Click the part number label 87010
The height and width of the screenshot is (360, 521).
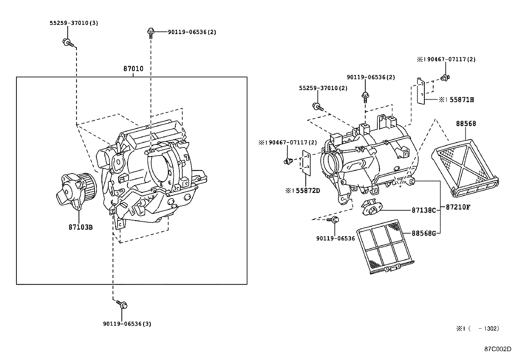pyautogui.click(x=133, y=69)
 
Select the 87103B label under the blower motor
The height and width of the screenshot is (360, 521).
pyautogui.click(x=81, y=227)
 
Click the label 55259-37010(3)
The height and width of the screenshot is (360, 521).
pyautogui.click(x=74, y=23)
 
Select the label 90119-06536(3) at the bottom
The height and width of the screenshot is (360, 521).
pyautogui.click(x=127, y=324)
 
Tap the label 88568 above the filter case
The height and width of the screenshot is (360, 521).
pyautogui.click(x=466, y=124)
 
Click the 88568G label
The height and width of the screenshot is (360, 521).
pyautogui.click(x=424, y=233)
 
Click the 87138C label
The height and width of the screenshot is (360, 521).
pyautogui.click(x=424, y=210)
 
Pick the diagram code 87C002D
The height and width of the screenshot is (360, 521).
pyautogui.click(x=498, y=349)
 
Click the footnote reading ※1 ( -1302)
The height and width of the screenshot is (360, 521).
pyautogui.click(x=477, y=329)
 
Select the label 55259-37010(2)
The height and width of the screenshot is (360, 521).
pyautogui.click(x=323, y=88)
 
